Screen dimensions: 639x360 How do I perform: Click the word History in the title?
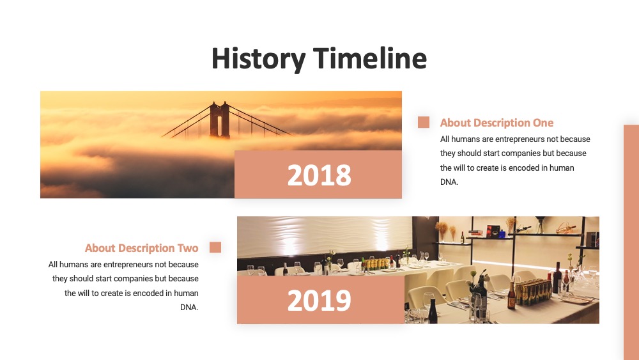click(x=258, y=59)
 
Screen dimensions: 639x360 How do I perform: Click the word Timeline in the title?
click(x=370, y=58)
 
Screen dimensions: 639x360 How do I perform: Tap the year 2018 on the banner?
click(x=319, y=175)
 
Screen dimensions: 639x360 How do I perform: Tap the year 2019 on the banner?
click(x=319, y=301)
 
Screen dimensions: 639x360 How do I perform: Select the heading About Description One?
click(x=497, y=123)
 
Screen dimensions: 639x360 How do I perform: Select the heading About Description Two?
click(x=141, y=248)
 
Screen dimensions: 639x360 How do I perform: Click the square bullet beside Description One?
click(x=424, y=122)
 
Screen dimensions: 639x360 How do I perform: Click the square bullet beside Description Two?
click(x=215, y=247)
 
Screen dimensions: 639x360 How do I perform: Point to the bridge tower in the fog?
click(x=219, y=119)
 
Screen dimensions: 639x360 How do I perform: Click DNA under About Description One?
click(x=449, y=182)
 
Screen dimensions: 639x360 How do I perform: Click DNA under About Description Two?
click(x=189, y=308)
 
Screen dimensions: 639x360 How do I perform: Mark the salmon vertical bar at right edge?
click(x=631, y=242)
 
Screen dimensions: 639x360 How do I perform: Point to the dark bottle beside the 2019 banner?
click(x=433, y=312)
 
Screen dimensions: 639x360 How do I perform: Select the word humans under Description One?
click(x=465, y=139)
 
